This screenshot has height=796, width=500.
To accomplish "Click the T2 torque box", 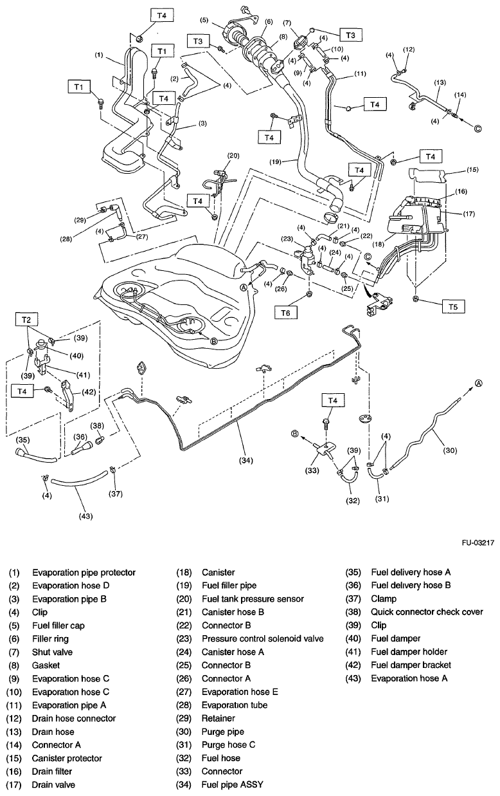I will [x=26, y=320].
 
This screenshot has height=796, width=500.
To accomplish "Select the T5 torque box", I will [x=453, y=306].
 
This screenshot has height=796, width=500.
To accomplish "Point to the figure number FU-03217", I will [x=477, y=542].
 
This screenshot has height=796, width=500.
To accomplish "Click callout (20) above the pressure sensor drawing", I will [x=232, y=155].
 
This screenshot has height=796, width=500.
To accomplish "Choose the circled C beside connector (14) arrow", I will [x=478, y=128].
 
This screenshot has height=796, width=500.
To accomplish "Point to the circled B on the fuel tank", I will [x=213, y=342].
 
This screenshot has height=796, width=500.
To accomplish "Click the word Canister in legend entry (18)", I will [x=218, y=572].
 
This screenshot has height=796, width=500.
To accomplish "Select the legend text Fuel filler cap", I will [x=58, y=625].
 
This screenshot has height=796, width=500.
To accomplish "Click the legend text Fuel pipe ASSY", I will [x=231, y=784].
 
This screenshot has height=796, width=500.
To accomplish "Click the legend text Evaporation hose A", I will [x=409, y=678].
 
